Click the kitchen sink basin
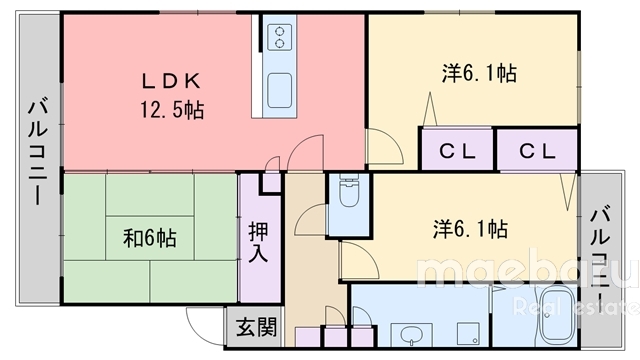click(280, 85)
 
